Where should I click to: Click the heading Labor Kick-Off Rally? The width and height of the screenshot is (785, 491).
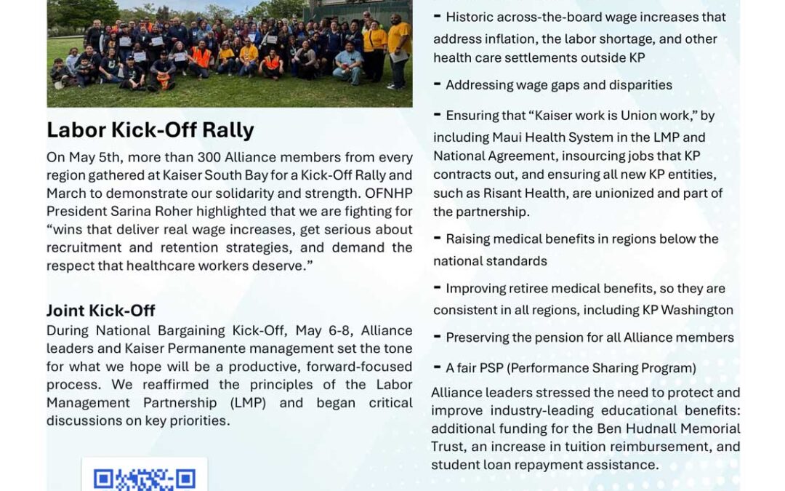150,130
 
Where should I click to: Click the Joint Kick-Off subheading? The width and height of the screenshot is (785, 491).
100,311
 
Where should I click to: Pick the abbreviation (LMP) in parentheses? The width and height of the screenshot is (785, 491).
249,403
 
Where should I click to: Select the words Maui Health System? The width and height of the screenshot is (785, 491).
552,137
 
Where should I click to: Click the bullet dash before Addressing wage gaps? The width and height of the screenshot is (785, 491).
437,84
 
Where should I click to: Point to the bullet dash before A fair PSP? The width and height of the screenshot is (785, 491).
437,367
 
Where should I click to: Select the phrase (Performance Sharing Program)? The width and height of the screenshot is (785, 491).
601,368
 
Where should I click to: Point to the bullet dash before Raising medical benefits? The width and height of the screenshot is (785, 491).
437,238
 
